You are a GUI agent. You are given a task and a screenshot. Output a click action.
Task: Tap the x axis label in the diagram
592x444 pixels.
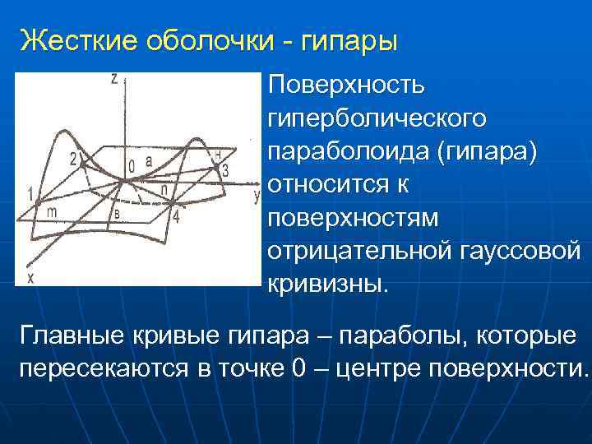(30, 279)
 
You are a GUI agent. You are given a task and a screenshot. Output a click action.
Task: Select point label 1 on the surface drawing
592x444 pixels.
(30, 195)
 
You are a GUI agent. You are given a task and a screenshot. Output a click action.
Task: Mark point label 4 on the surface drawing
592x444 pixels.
(174, 217)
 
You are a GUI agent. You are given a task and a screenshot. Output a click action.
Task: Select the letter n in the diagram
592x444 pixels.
(165, 188)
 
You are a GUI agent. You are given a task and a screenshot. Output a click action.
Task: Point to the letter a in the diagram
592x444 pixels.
(149, 163)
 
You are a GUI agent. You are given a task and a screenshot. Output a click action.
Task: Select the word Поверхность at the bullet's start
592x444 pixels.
(346, 85)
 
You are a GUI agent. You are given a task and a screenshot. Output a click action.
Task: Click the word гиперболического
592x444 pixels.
(377, 118)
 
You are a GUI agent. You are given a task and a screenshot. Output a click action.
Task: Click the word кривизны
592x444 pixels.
(326, 284)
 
